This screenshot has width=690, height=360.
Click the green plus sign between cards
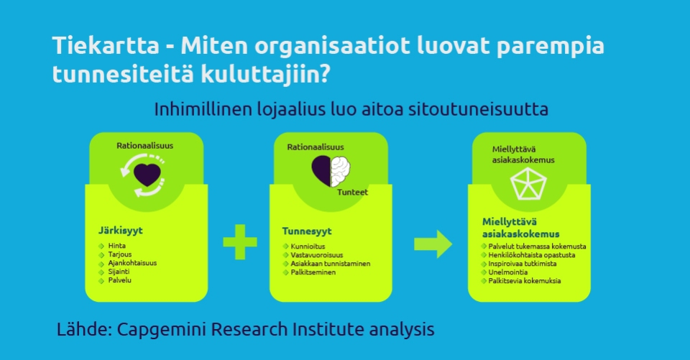pyautogui.click(x=240, y=241)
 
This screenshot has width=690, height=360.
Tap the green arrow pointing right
pyautogui.click(x=433, y=244)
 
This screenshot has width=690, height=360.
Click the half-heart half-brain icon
pyautogui.click(x=331, y=171)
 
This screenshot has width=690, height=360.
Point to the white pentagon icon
pyautogui.click(x=528, y=183)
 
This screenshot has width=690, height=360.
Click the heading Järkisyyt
pyautogui.click(x=120, y=230)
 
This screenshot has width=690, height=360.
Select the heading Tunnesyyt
pyautogui.click(x=307, y=231)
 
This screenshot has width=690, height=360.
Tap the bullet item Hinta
pyautogui.click(x=116, y=246)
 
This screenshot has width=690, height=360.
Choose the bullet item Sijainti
pyautogui.click(x=119, y=272)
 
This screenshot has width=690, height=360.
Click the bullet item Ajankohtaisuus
pyautogui.click(x=132, y=263)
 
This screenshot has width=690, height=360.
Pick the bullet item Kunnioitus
pyautogui.click(x=308, y=246)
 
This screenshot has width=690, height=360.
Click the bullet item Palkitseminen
pyautogui.click(x=313, y=272)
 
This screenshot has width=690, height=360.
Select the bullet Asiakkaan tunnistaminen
pyautogui.click(x=331, y=264)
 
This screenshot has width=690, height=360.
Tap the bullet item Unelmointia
pyautogui.click(x=508, y=272)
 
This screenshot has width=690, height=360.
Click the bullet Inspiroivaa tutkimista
pyautogui.click(x=523, y=264)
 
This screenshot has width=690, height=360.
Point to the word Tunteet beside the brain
pyautogui.click(x=352, y=192)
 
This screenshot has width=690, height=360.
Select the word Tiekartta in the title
pyautogui.click(x=106, y=45)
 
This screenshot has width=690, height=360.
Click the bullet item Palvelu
pyautogui.click(x=120, y=280)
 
